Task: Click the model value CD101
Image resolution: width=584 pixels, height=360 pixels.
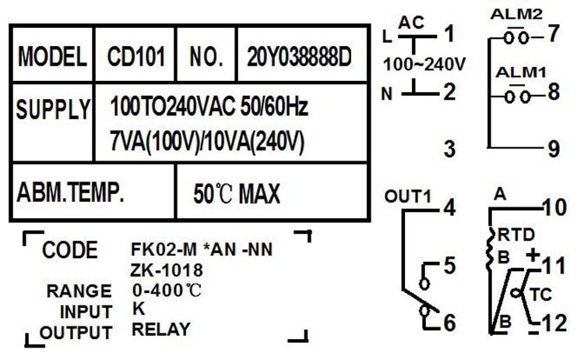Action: click(135, 57)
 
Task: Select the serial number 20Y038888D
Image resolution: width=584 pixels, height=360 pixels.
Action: click(299, 57)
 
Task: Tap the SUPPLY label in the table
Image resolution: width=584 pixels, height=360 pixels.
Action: click(52, 110)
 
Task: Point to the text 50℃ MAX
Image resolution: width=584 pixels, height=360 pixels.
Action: click(237, 192)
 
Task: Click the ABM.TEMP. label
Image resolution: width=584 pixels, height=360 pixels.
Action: click(70, 191)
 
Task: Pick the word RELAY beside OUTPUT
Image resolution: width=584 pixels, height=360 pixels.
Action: click(160, 329)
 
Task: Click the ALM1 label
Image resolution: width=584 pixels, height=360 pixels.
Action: click(521, 72)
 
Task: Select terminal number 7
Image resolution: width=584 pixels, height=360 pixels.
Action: click(554, 35)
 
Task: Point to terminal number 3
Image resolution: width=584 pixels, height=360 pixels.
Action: click(449, 148)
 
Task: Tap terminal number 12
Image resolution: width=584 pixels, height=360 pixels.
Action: click(554, 321)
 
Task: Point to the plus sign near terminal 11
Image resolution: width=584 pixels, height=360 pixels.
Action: click(533, 254)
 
